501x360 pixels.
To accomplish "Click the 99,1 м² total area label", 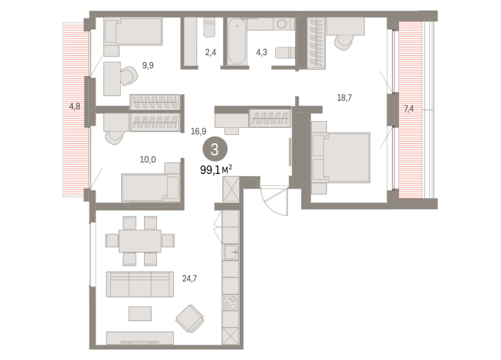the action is (216, 169).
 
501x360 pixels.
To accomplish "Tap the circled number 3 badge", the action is (214, 149).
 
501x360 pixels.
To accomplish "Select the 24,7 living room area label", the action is (189, 279).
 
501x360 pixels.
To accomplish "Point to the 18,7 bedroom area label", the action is (345, 98).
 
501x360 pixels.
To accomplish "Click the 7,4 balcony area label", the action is (408, 109).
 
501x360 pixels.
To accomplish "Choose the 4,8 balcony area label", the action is (74, 106).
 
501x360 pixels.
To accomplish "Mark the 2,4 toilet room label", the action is (211, 52).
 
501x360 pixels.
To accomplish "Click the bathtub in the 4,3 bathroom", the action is (237, 42).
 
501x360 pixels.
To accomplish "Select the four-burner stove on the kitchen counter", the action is (231, 303).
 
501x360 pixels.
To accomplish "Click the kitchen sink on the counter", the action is (231, 252).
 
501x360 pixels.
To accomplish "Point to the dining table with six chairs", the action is (140, 241).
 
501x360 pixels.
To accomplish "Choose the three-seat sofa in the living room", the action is (140, 284).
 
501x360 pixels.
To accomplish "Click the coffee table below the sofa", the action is (140, 313).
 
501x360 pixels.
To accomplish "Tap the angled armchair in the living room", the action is (189, 319).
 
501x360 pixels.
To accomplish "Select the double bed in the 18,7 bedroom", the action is (341, 158).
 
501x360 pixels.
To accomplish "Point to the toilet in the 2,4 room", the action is (210, 27).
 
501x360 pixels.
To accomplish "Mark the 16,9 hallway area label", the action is (198, 131).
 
